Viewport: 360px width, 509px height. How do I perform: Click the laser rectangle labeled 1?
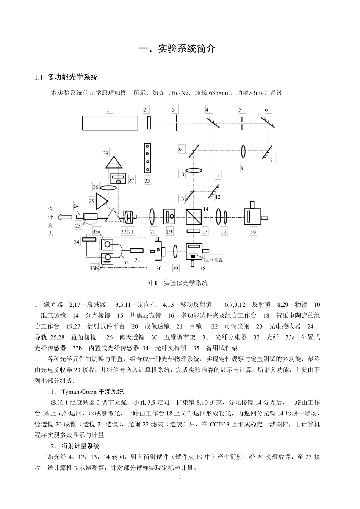pos(110,123)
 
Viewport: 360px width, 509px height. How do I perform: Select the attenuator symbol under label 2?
pos(149,123)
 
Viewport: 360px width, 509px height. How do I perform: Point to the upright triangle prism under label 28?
pos(114,162)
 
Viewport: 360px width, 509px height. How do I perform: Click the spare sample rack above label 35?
pos(147,158)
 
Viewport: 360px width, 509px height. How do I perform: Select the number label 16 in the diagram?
pos(253,231)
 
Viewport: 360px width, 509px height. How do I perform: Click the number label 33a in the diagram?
pos(96,231)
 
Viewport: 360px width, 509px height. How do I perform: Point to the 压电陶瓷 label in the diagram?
pos(214,259)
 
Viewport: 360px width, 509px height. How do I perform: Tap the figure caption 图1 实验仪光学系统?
pos(177,283)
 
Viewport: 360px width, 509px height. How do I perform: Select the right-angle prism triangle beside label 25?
pos(102,201)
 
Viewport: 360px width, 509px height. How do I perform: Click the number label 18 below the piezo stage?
pos(203,268)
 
